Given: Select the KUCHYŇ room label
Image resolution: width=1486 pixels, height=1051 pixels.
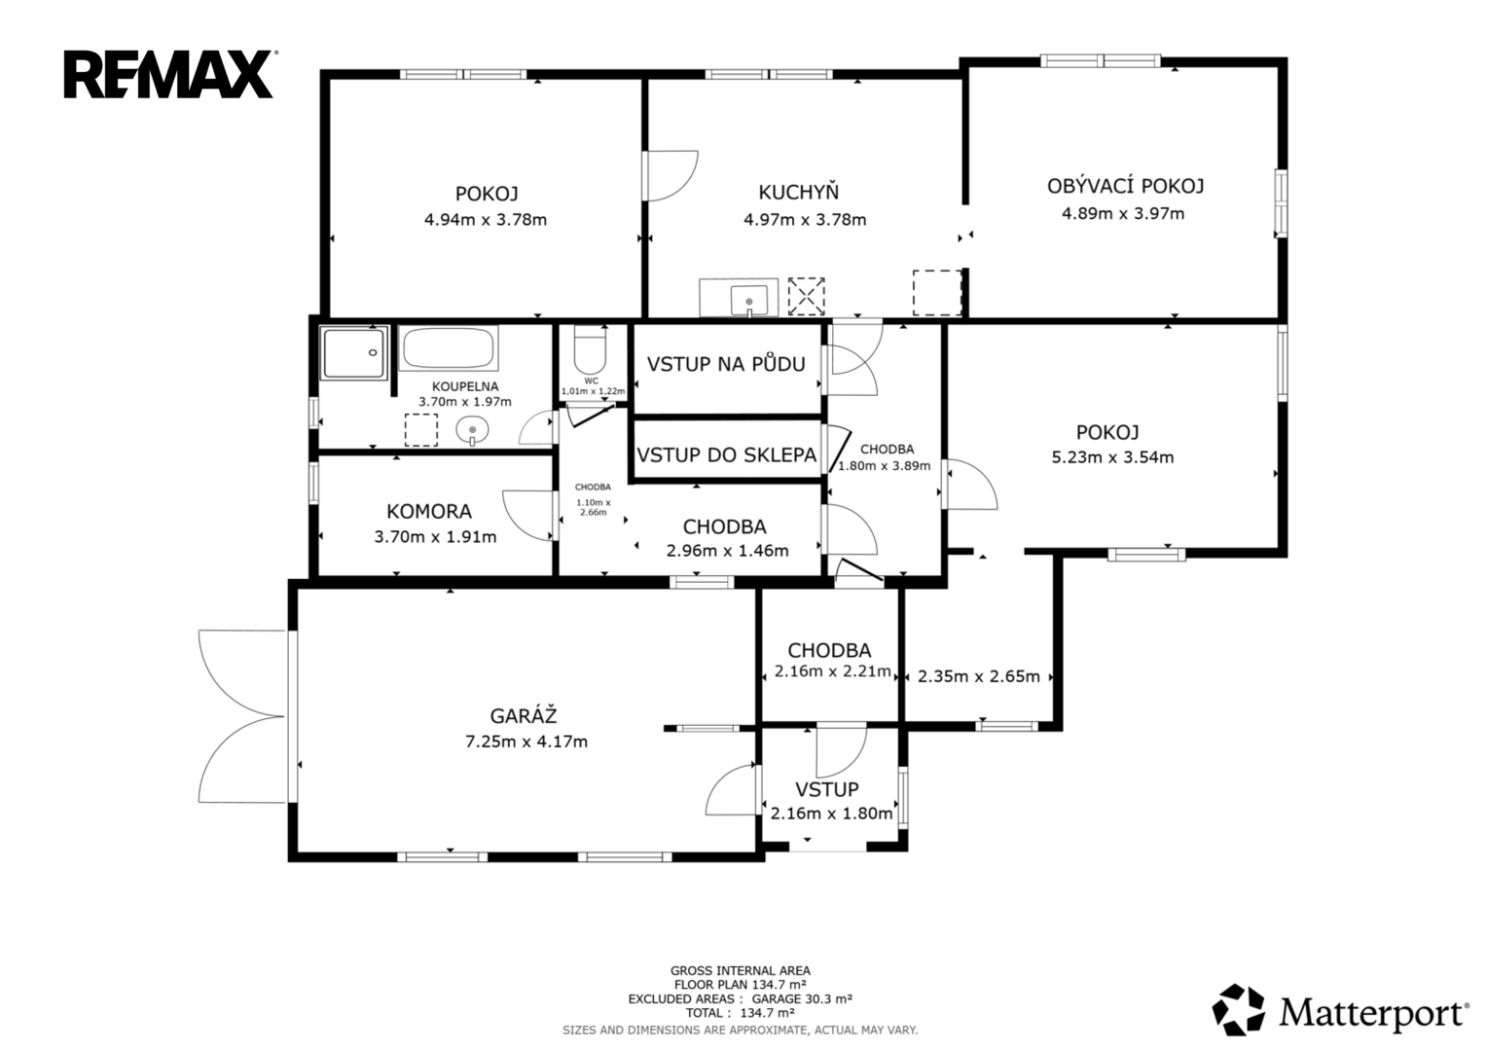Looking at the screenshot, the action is (799, 193).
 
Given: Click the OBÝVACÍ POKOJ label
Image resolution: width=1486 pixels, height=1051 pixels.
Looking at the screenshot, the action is (1125, 186).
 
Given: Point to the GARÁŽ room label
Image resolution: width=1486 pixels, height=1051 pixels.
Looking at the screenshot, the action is (524, 716).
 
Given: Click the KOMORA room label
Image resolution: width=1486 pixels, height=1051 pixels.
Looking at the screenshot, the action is (429, 511).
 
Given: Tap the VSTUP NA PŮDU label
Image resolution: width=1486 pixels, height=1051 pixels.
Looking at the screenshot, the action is (726, 364).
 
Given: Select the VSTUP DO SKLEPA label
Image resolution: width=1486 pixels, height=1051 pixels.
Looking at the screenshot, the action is (726, 454).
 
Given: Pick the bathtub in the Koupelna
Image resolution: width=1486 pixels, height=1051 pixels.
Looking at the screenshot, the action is (449, 348).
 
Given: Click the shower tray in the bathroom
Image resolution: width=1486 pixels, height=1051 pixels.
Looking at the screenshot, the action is (353, 352).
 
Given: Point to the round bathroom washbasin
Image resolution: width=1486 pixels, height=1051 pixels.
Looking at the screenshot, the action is (472, 430).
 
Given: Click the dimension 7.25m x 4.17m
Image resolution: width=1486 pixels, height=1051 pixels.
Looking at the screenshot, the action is (526, 742).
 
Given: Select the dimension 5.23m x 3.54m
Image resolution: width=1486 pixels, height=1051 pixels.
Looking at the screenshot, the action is (1112, 457).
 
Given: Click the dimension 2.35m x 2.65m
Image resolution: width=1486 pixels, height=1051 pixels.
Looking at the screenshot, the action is (979, 676).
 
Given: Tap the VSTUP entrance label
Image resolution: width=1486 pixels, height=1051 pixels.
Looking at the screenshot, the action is (827, 789).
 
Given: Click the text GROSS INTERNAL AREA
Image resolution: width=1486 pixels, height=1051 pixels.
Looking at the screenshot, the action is (741, 971).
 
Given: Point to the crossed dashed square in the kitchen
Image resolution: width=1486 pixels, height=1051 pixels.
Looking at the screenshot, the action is (806, 296).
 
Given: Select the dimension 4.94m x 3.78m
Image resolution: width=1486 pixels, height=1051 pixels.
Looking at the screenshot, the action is (486, 219).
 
